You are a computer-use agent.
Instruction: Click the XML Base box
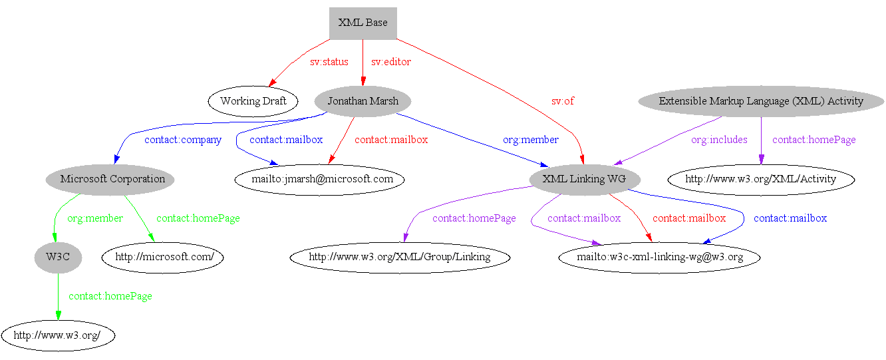click(363, 23)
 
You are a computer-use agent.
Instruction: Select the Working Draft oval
click(253, 101)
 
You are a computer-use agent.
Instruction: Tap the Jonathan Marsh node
click(363, 101)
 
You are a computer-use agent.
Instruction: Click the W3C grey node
click(58, 258)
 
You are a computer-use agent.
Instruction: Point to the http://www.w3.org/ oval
click(57, 335)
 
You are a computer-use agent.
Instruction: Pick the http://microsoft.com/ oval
click(162, 258)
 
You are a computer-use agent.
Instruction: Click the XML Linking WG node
click(584, 179)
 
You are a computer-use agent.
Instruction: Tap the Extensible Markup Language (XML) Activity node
click(760, 101)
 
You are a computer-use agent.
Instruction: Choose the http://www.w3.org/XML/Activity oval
click(760, 179)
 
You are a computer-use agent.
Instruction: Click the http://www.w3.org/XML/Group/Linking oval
click(400, 258)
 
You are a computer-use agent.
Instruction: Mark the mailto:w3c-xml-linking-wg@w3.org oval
click(659, 258)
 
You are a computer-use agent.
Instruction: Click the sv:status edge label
click(329, 62)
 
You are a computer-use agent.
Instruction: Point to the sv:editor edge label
click(390, 62)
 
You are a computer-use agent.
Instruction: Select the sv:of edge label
click(562, 101)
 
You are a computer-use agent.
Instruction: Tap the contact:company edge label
click(182, 140)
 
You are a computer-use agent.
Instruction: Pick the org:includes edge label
click(718, 140)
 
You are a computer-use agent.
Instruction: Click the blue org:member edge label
click(530, 140)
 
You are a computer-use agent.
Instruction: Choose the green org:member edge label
click(94, 218)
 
